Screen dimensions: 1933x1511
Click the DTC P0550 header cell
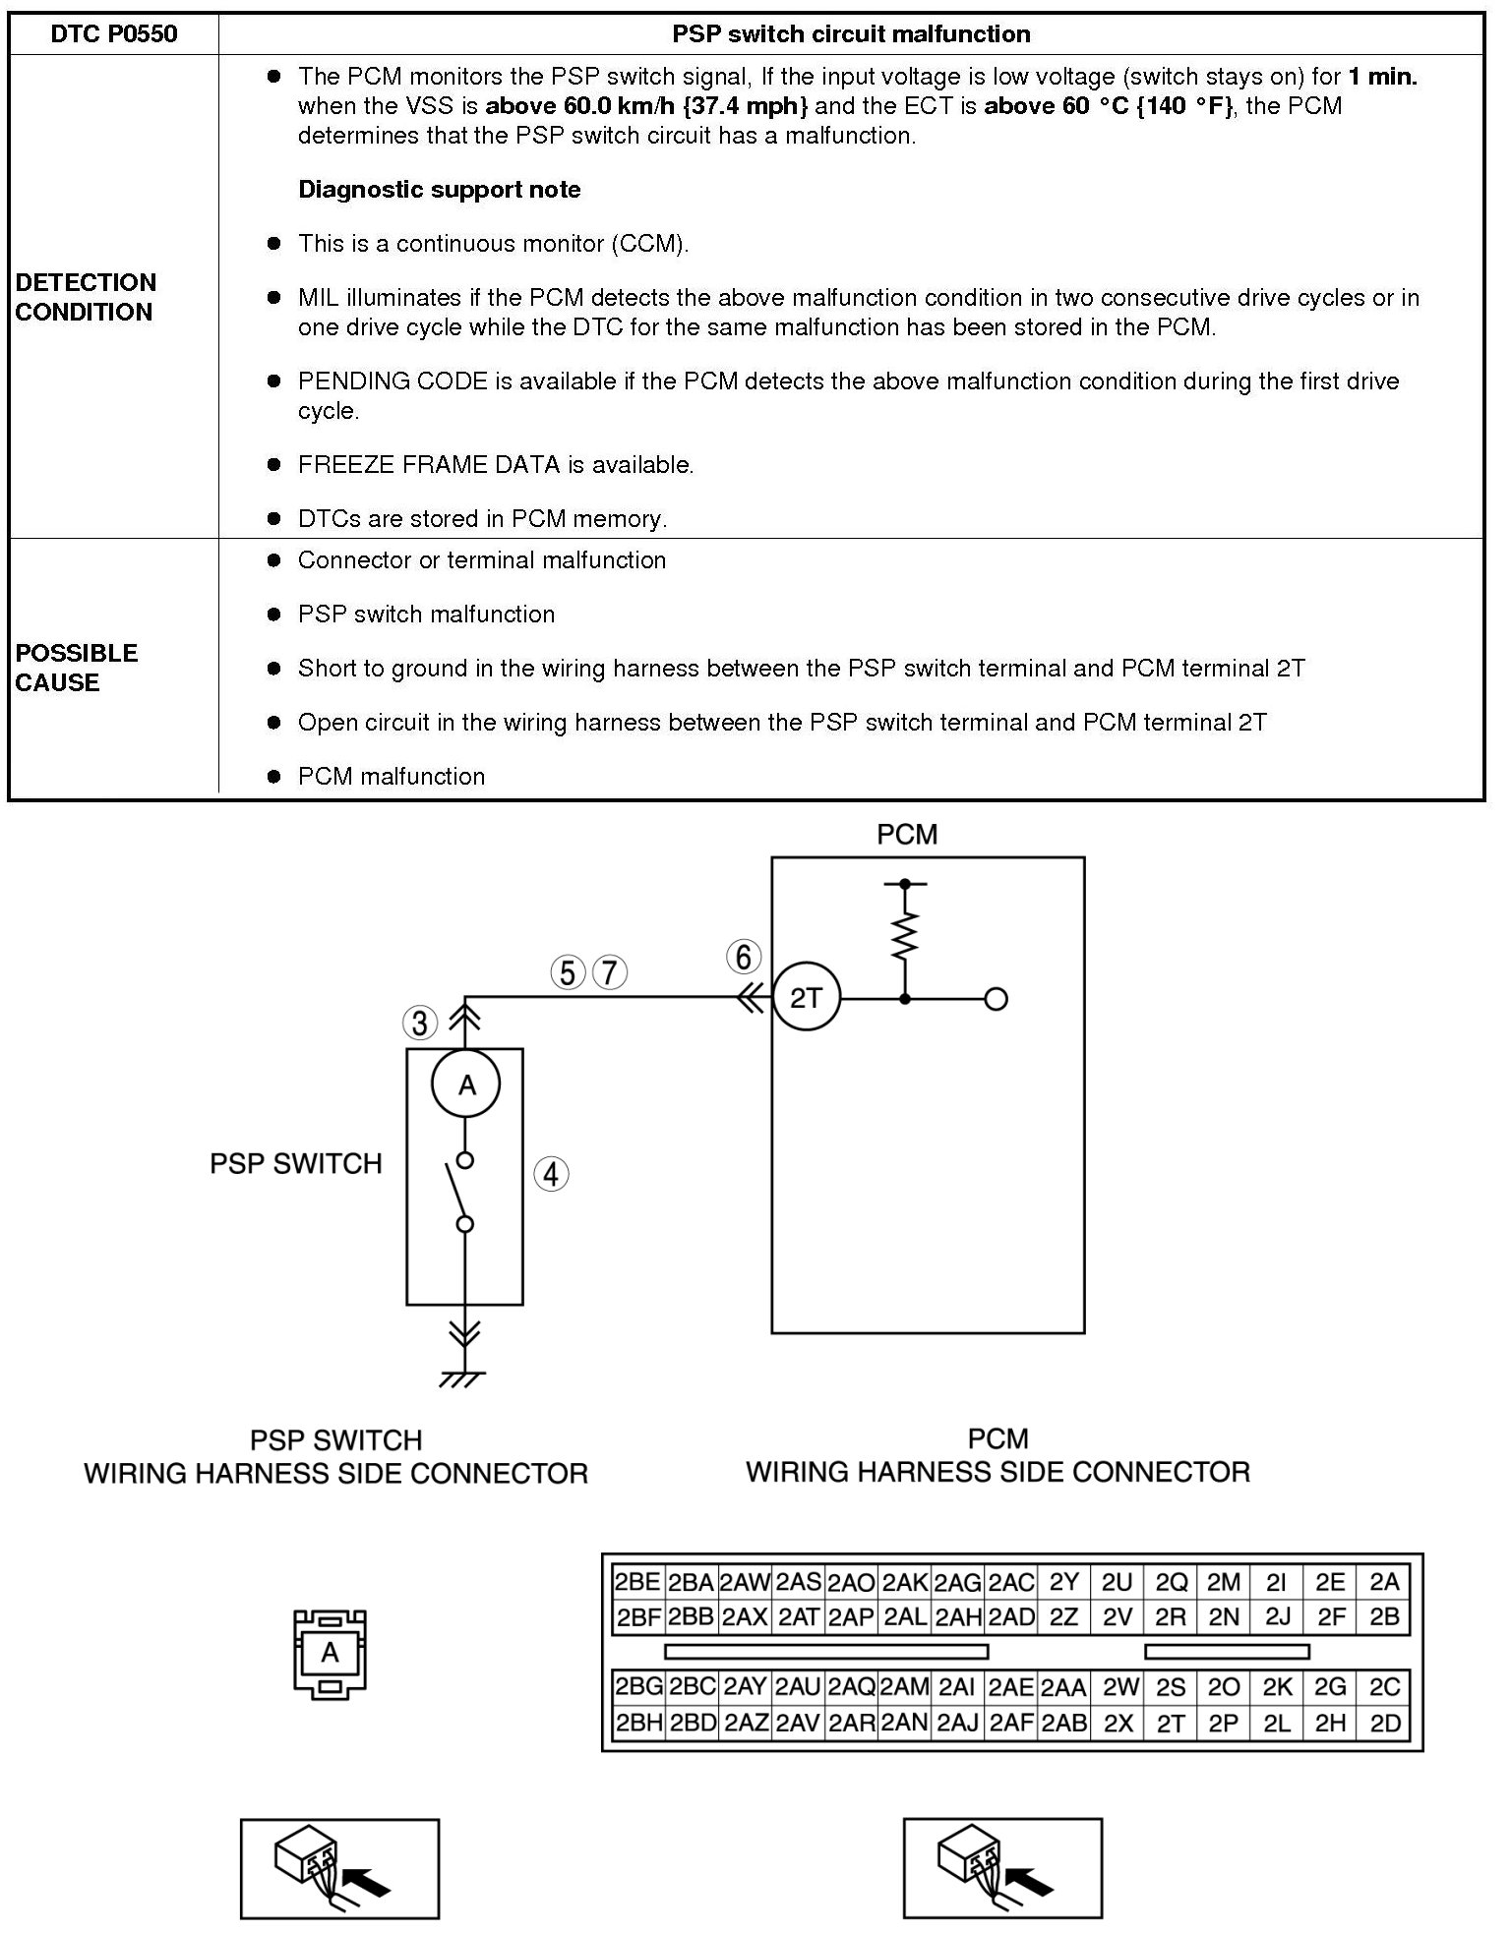[114, 34]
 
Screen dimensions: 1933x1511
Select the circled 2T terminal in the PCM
[806, 999]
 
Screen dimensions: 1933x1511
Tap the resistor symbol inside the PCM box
[905, 935]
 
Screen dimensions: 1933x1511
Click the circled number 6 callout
[744, 957]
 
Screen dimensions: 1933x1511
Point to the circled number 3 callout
[420, 1024]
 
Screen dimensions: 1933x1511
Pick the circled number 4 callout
[551, 1174]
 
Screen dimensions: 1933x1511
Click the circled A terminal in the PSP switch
[466, 1084]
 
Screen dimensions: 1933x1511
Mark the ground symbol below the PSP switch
[463, 1378]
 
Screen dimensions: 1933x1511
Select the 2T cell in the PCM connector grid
[1171, 1724]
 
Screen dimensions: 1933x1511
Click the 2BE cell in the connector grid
[637, 1581]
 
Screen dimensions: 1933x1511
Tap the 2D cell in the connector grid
[1384, 1724]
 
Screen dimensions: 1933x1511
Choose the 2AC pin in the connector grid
[1011, 1581]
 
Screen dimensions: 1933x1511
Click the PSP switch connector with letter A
[331, 1653]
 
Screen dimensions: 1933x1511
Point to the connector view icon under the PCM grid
[1002, 1867]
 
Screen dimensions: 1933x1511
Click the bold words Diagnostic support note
[439, 190]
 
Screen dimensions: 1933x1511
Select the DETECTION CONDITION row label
[86, 297]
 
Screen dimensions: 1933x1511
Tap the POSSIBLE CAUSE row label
[76, 668]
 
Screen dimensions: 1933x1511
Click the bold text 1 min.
[1382, 77]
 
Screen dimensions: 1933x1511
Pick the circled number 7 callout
[610, 972]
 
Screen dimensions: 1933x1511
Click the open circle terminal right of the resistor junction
[996, 1000]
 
